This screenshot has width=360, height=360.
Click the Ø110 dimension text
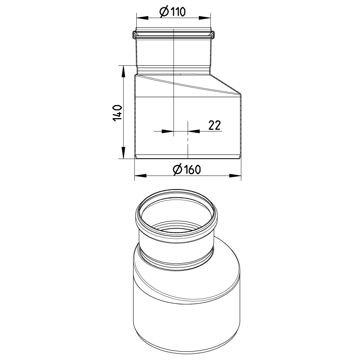click(x=173, y=12)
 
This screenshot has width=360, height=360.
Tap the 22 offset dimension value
click(x=214, y=125)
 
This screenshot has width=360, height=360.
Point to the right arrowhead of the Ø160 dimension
click(x=236, y=176)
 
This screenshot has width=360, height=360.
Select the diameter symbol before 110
click(x=163, y=12)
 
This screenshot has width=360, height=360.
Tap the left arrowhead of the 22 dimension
click(x=167, y=131)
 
